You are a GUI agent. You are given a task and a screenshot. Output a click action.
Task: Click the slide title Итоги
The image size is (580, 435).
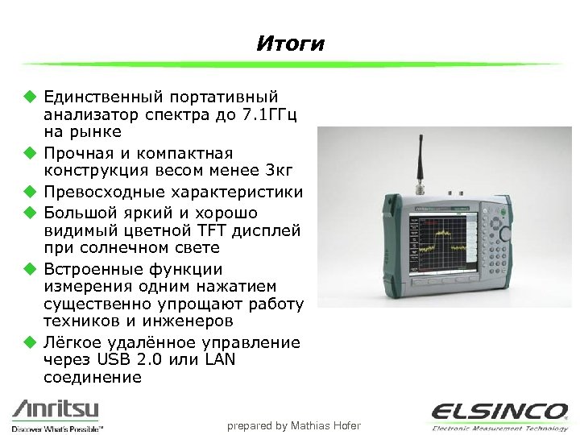coord(290,43)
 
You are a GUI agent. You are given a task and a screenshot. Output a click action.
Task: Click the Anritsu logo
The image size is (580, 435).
coord(55,409)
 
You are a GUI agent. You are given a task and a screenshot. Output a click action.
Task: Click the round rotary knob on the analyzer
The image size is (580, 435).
coord(504,233)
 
